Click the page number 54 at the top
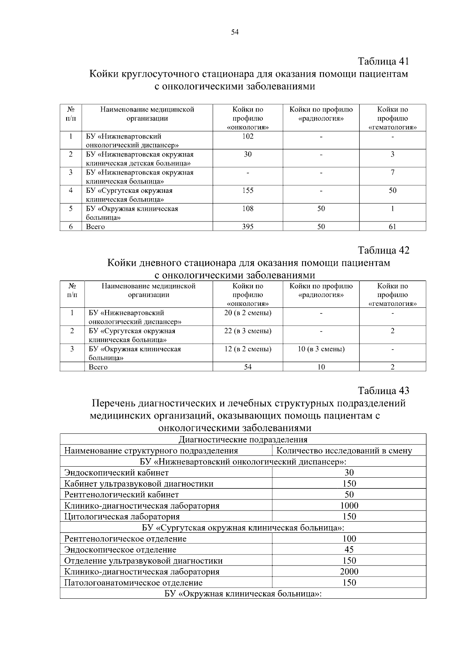pyautogui.click(x=235, y=32)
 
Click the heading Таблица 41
pyautogui.click(x=383, y=61)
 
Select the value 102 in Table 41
pyautogui.click(x=247, y=136)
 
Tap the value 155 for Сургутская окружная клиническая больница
pyautogui.click(x=247, y=191)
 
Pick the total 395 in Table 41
pyautogui.click(x=247, y=226)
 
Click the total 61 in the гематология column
pyautogui.click(x=392, y=226)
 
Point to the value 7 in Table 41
pyautogui.click(x=392, y=172)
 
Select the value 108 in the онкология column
pyautogui.click(x=247, y=208)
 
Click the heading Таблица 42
pyautogui.click(x=383, y=250)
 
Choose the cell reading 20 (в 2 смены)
pyautogui.click(x=247, y=313)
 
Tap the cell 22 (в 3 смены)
pyautogui.click(x=247, y=331)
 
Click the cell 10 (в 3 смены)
pyautogui.click(x=321, y=349)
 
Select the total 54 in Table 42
pyautogui.click(x=247, y=367)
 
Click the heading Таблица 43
pyautogui.click(x=383, y=390)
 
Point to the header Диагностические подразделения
pyautogui.click(x=243, y=440)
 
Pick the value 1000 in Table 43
pyautogui.click(x=349, y=506)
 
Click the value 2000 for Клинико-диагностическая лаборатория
pyautogui.click(x=349, y=572)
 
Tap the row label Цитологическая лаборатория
pyautogui.click(x=122, y=517)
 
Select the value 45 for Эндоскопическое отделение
pyautogui.click(x=349, y=549)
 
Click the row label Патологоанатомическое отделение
pyautogui.click(x=133, y=583)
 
